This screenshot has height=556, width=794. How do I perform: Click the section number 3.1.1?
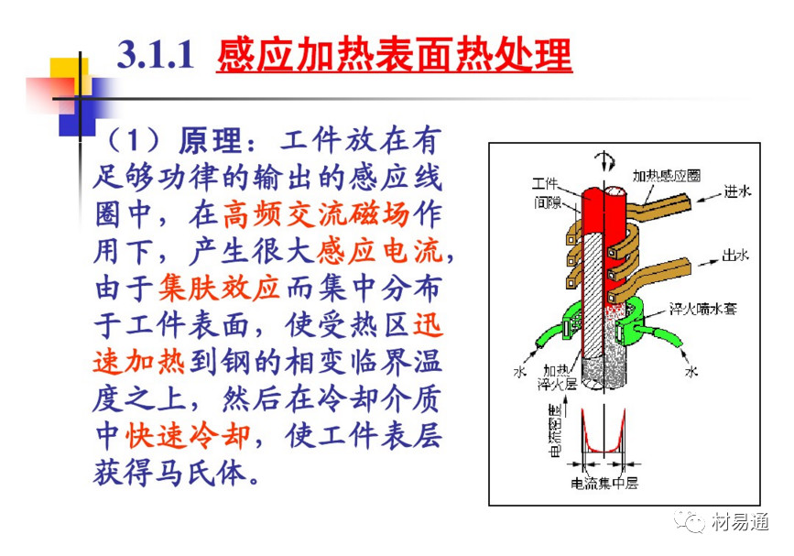pyautogui.click(x=156, y=55)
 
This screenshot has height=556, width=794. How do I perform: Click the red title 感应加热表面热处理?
pyautogui.click(x=394, y=55)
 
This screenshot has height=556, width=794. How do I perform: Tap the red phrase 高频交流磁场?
pyautogui.click(x=316, y=214)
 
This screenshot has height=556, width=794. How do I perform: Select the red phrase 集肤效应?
pyautogui.click(x=219, y=289)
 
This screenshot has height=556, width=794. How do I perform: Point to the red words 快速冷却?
pyautogui.click(x=188, y=435)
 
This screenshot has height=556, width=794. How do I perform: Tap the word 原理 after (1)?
pyautogui.click(x=210, y=140)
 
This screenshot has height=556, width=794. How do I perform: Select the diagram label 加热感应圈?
pyautogui.click(x=666, y=176)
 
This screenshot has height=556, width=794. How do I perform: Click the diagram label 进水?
pyautogui.click(x=737, y=191)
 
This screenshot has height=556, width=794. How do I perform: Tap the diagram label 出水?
pyautogui.click(x=735, y=255)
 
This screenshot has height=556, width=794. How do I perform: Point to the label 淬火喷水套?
pyautogui.click(x=702, y=309)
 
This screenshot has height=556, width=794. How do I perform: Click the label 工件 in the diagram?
pyautogui.click(x=545, y=183)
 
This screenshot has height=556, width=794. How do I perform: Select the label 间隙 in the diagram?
pyautogui.click(x=548, y=202)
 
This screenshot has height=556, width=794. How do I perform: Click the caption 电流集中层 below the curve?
pyautogui.click(x=604, y=483)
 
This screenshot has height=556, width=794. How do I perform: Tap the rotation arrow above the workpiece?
pyautogui.click(x=604, y=161)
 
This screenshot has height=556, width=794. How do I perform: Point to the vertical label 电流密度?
pyautogui.click(x=555, y=431)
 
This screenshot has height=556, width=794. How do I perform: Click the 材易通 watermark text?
pyautogui.click(x=740, y=521)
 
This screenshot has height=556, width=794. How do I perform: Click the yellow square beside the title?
pyautogui.click(x=69, y=76)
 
